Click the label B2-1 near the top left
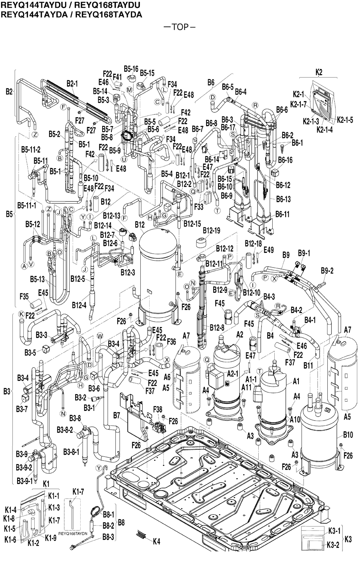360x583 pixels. point(72,83)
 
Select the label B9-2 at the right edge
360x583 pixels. point(328,270)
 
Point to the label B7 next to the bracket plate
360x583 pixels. point(116,416)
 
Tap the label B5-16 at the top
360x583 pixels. point(131,69)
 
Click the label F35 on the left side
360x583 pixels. point(24,296)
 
